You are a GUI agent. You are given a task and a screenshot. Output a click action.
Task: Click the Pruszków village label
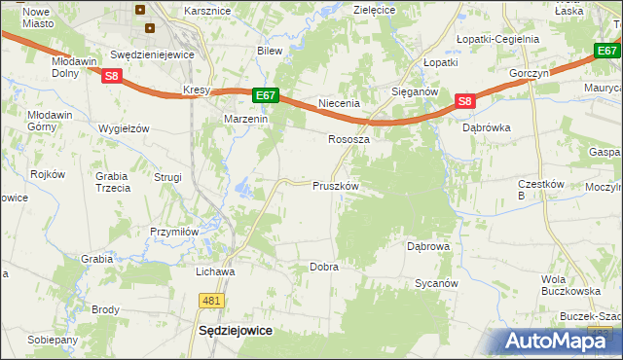pyautogui.click(x=336, y=185)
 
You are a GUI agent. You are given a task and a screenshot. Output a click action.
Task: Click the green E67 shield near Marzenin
pyautogui.click(x=267, y=95)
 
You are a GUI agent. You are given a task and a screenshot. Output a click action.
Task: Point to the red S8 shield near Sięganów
pyautogui.click(x=464, y=101)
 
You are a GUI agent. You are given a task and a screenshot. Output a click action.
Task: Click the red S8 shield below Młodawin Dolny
pyautogui.click(x=112, y=76)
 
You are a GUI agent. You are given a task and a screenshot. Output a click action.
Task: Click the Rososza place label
pyautogui.click(x=348, y=139)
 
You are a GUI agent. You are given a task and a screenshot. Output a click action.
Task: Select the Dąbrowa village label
pyautogui.click(x=427, y=246)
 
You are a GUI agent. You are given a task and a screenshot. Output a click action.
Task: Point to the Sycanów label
pyautogui.click(x=435, y=283)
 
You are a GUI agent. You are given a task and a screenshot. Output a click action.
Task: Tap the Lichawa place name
pyautogui.click(x=215, y=270)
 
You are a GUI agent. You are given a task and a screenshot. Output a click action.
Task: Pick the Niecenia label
pyautogui.click(x=340, y=103)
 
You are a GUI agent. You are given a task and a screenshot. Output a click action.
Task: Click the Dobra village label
pyautogui.click(x=323, y=267)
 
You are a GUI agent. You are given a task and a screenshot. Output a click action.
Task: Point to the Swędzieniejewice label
pyautogui.click(x=153, y=55)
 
